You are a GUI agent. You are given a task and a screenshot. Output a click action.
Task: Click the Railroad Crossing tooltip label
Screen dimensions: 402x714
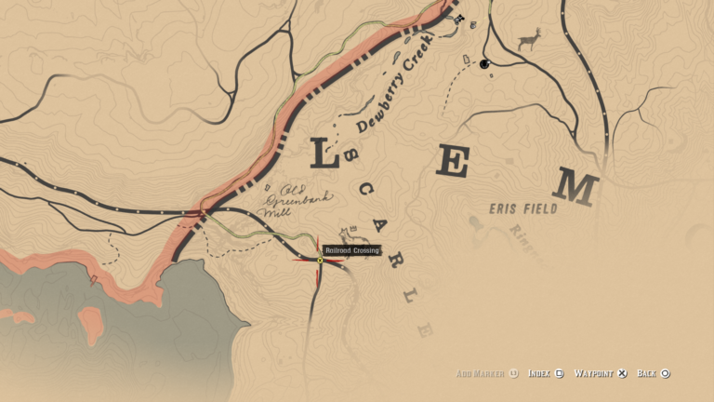(x=352, y=249)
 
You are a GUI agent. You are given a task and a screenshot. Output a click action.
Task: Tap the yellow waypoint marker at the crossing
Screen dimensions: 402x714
(x=320, y=260)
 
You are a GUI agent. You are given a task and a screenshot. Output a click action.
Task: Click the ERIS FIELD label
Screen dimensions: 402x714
(x=523, y=209)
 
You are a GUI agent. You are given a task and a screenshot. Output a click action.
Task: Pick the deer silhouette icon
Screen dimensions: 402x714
(x=529, y=40)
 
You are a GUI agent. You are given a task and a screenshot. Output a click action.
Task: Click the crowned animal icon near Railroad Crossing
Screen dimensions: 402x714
(x=350, y=232)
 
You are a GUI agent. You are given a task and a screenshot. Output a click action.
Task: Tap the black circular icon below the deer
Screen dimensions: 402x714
(x=484, y=64)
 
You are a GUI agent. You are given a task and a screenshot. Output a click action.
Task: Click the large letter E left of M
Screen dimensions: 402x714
(x=453, y=162)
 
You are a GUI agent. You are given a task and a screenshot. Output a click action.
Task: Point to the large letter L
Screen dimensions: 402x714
(x=323, y=154)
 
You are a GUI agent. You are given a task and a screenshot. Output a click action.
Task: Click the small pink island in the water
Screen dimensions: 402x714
(x=90, y=325)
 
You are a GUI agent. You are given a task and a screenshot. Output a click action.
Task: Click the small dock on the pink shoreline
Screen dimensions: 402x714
(x=93, y=278)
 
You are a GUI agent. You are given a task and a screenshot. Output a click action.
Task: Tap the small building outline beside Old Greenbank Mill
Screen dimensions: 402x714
(x=268, y=186)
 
